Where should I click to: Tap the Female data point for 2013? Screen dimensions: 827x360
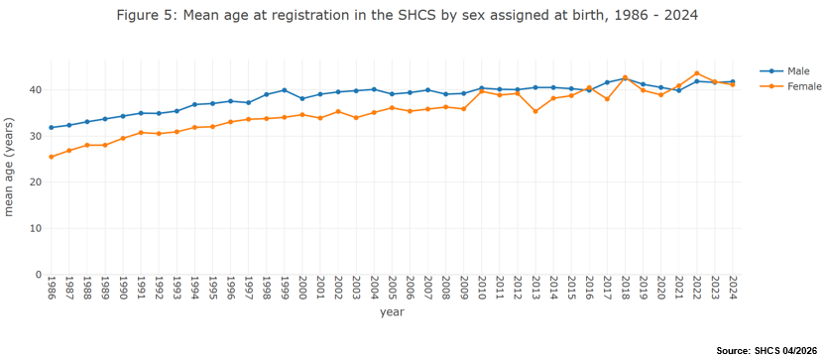pos(535,111)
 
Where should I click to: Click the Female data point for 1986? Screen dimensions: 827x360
pos(52,157)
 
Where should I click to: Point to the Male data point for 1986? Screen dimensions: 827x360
pos(52,127)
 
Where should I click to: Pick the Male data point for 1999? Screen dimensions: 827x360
pos(285,90)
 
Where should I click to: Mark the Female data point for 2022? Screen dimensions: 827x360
pos(697,73)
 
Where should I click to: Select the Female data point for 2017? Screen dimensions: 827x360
pos(607,99)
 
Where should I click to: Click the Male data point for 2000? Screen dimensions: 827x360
pos(302,99)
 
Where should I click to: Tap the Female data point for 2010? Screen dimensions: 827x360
pos(482,91)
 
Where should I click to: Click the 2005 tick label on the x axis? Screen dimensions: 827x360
pos(392,288)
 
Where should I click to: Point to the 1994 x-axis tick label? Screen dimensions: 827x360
pos(194,288)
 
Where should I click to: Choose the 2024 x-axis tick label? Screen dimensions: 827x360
pos(733,288)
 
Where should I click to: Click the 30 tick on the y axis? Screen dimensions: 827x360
pos(38,136)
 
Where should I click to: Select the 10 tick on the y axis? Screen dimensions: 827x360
pos(38,228)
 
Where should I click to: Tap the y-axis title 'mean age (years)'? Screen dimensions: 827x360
pos(9,167)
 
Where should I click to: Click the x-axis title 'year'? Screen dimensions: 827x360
pos(392,312)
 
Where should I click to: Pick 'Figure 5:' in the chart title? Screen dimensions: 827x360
pos(147,16)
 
